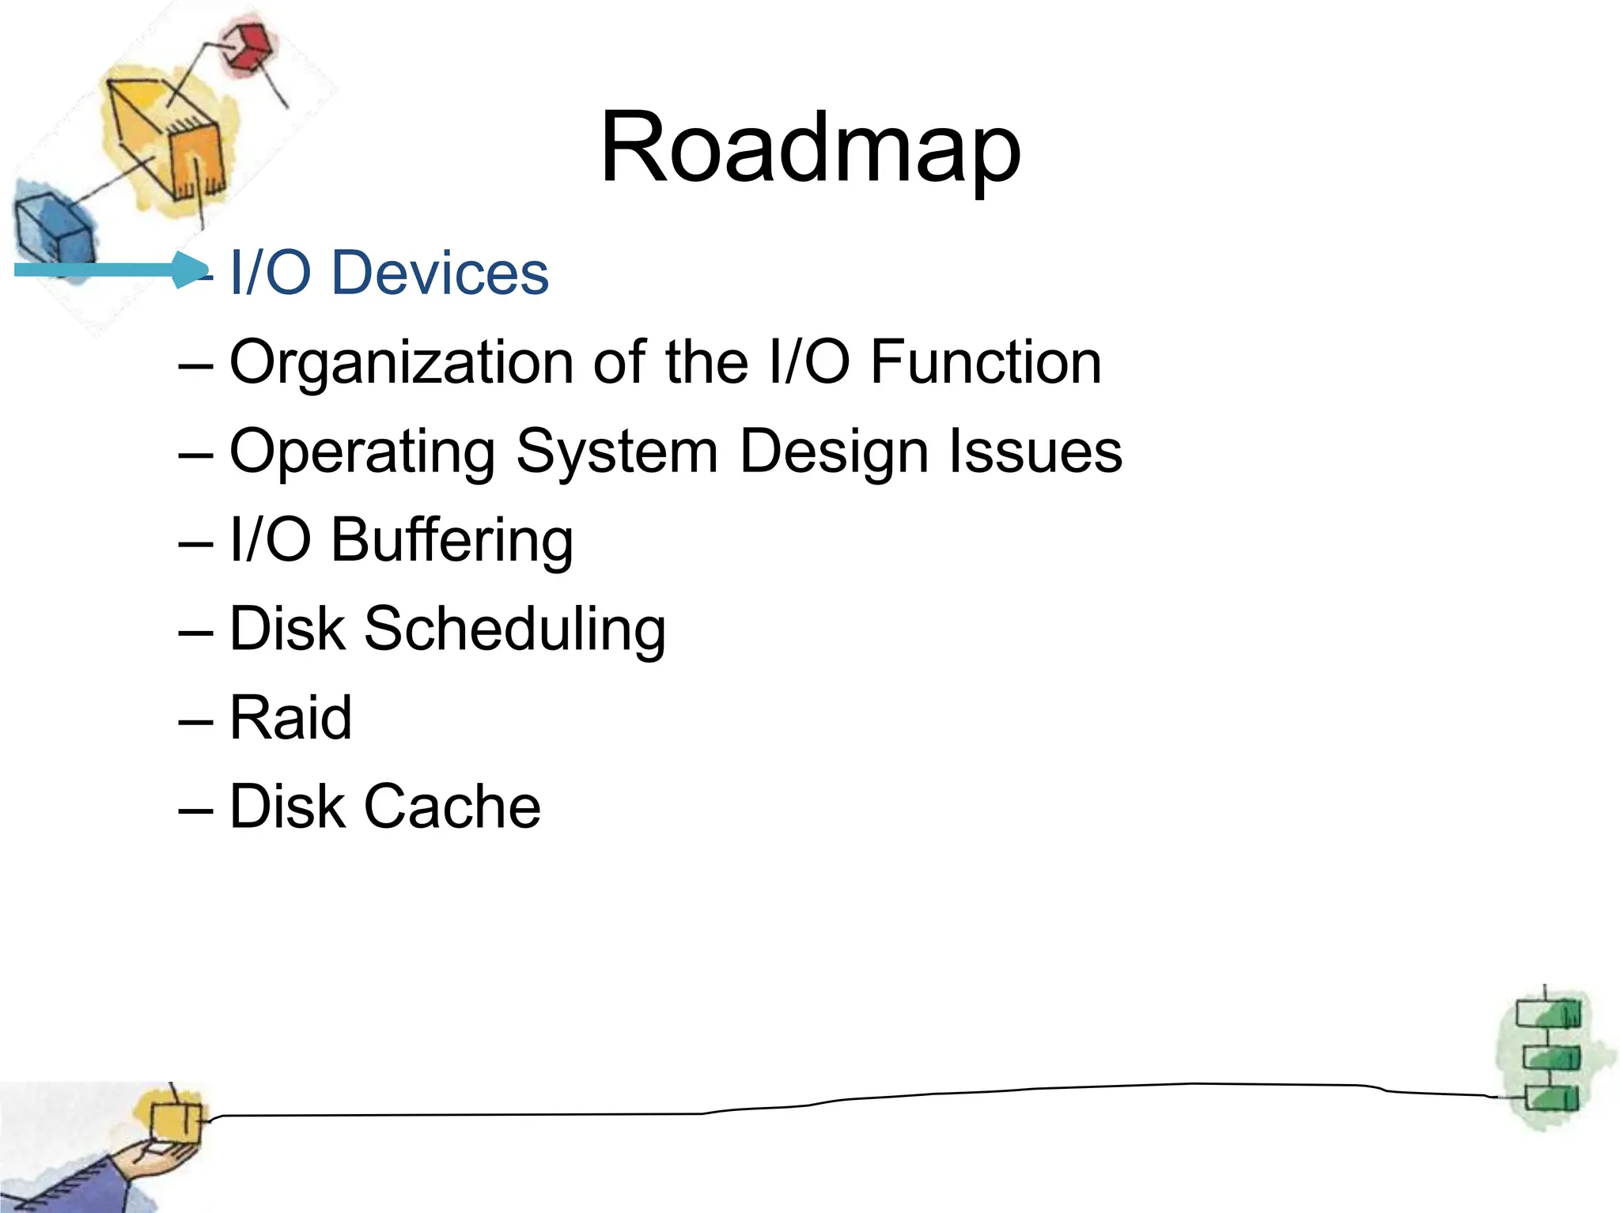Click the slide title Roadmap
tap(810, 149)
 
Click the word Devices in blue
tap(439, 273)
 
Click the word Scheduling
tap(514, 630)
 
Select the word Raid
tap(290, 718)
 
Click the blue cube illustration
tap(52, 229)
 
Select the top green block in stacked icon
tap(1548, 1014)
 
